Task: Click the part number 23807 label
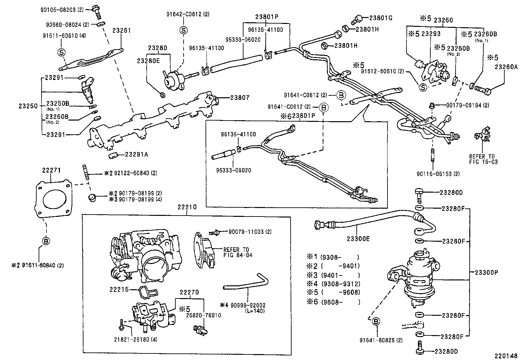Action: tap(240, 97)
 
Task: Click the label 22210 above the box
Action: tap(187, 207)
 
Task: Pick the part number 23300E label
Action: tap(358, 239)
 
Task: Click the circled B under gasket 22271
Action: tap(46, 241)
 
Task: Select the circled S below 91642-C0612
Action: tap(184, 30)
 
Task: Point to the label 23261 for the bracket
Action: tap(121, 31)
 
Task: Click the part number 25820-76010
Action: tap(204, 315)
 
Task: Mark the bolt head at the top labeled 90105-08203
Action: tap(96, 8)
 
